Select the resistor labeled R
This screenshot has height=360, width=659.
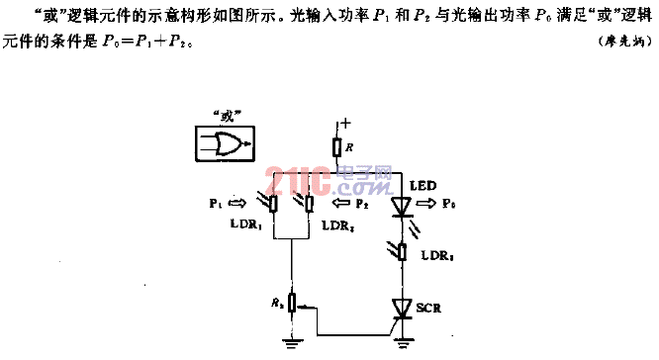coord(337,147)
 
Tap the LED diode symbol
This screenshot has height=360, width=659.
coord(401,206)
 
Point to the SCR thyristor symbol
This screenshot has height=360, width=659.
coord(401,309)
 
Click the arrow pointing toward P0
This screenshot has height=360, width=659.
coord(426,205)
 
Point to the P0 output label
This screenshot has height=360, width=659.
coord(450,205)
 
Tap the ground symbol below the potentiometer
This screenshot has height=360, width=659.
coord(292,343)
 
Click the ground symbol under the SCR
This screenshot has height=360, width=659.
coord(401,343)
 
